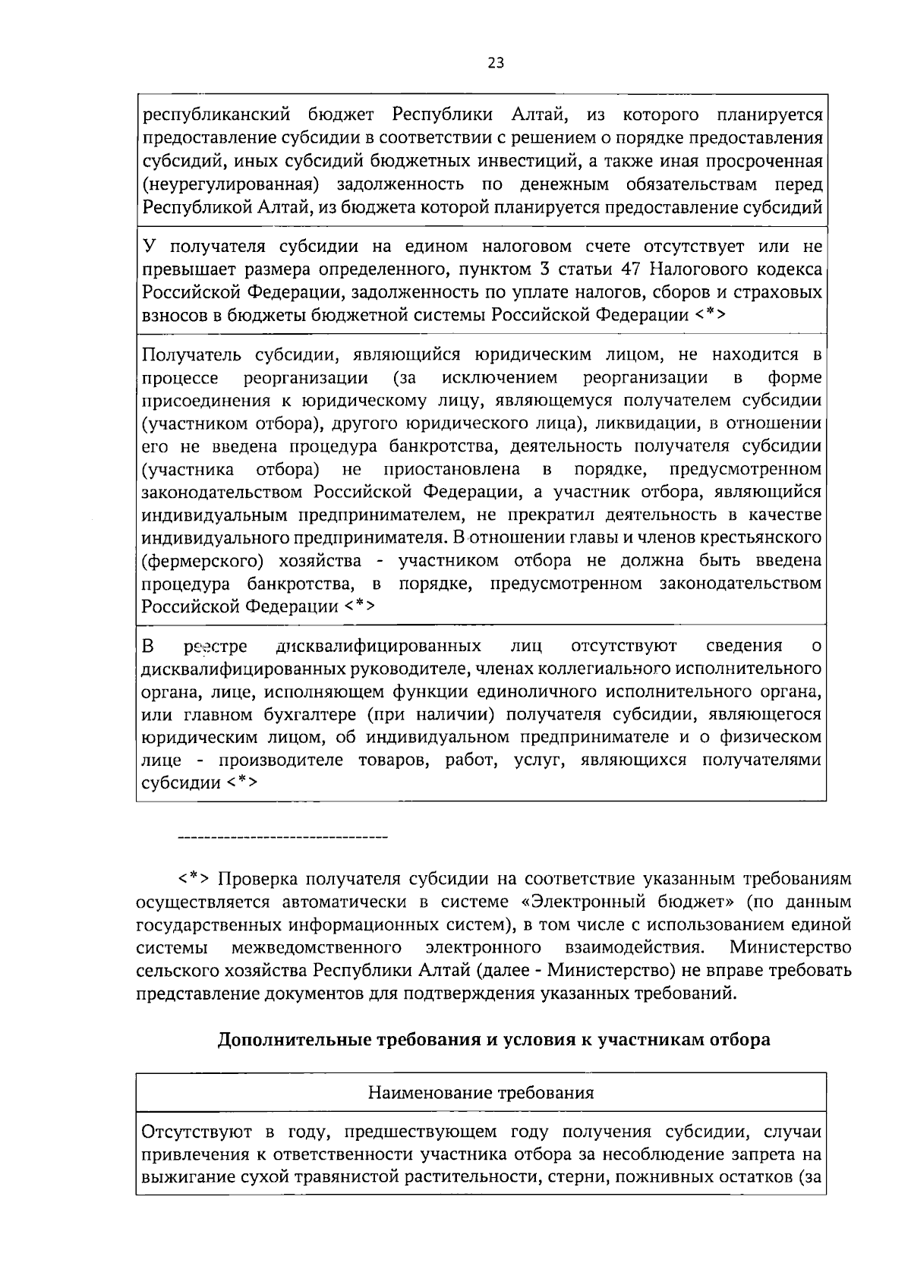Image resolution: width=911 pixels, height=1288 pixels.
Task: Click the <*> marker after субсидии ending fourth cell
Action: (242, 783)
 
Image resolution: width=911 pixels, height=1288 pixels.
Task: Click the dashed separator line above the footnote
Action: (282, 837)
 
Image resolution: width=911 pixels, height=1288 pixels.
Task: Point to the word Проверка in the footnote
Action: (257, 879)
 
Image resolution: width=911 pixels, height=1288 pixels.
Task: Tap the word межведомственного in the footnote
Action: (317, 947)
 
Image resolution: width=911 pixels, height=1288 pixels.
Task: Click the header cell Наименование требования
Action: (481, 1093)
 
